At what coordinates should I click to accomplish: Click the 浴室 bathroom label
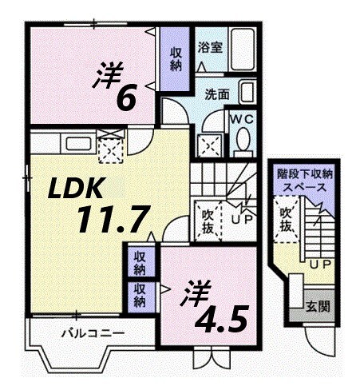point(211,47)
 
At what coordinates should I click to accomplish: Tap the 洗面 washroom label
point(217,94)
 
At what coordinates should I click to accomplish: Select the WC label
point(242,117)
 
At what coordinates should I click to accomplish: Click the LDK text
point(74,189)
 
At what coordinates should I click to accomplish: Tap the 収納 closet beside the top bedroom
point(175,59)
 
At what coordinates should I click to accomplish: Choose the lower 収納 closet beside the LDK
point(140,294)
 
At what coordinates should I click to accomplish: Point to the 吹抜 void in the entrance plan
point(284,219)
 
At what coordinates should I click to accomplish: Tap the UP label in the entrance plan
point(319,263)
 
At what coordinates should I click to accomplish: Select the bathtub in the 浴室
point(240,46)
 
